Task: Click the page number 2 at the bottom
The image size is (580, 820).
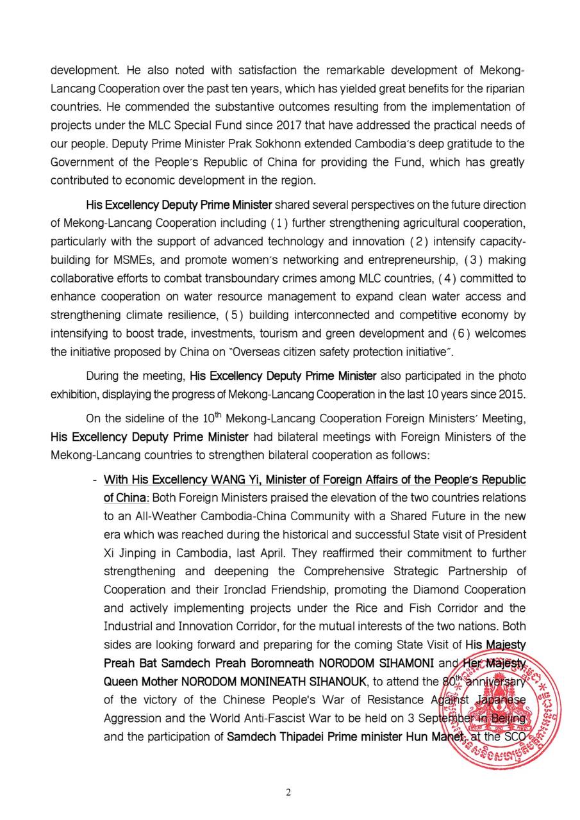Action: pos(288,792)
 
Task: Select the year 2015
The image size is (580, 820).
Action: pos(511,394)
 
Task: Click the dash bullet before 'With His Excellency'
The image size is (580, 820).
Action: pos(95,480)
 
